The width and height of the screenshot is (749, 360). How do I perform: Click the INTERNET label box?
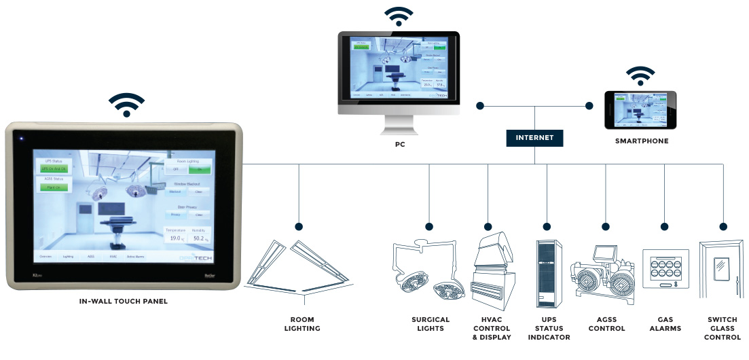(534, 137)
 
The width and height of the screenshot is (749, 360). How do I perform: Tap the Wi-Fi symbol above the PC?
(399, 16)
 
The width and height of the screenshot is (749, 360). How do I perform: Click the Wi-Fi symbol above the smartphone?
(641, 75)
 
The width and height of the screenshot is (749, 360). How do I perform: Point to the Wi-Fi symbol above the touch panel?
(126, 105)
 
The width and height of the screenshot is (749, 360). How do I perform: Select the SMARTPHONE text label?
(641, 141)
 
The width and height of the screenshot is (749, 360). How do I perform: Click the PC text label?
(400, 144)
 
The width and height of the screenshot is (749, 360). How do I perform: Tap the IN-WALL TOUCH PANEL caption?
(123, 301)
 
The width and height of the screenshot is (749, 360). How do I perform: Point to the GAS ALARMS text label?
(665, 324)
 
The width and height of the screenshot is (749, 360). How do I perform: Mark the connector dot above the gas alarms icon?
(663, 226)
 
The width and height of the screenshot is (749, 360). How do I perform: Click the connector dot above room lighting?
(299, 226)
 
